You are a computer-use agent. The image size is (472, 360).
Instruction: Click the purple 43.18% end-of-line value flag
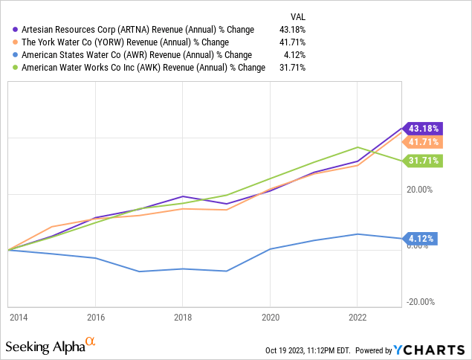point(422,128)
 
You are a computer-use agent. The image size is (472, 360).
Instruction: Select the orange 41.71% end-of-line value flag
point(422,142)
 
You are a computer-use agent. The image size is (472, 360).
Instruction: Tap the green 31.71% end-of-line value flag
point(422,160)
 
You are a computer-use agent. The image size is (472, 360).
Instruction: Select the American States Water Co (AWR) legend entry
point(134,54)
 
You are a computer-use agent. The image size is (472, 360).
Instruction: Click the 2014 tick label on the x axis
point(18,316)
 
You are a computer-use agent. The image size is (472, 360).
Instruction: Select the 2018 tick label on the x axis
point(183,316)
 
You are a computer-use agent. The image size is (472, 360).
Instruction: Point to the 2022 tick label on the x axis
point(358,316)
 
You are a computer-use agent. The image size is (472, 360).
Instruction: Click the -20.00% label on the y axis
point(421,301)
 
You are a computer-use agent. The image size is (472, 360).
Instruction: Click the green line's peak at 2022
point(358,147)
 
